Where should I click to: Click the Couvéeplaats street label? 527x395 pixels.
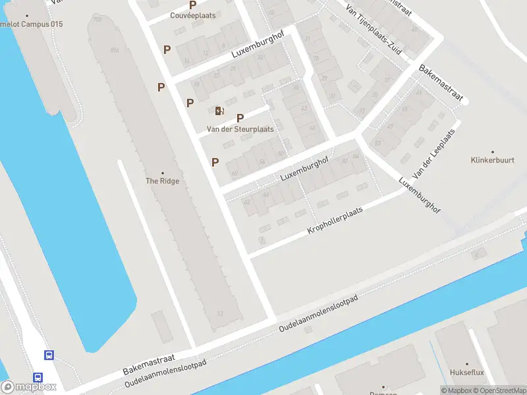pos(193,15)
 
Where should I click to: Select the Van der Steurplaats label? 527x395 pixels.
pos(240,129)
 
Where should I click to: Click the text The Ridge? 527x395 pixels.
pos(162,181)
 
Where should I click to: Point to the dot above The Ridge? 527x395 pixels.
pos(163,172)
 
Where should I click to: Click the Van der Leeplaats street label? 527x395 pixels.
pos(433,153)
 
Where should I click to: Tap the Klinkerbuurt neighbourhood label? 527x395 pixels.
pos(492,160)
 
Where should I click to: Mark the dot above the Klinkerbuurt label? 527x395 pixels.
pos(492,151)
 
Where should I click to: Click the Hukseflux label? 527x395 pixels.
pos(466,373)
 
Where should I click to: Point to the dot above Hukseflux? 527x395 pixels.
pos(466,364)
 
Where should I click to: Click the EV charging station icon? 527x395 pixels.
pos(219,111)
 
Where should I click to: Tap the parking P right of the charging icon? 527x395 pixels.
pos(240,117)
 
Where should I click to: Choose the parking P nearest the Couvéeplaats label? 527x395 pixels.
pos(193,5)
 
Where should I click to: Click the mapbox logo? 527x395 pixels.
pos(29,387)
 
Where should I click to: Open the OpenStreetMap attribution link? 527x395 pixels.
pos(499,391)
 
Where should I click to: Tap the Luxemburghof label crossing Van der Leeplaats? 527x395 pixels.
pos(419,196)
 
